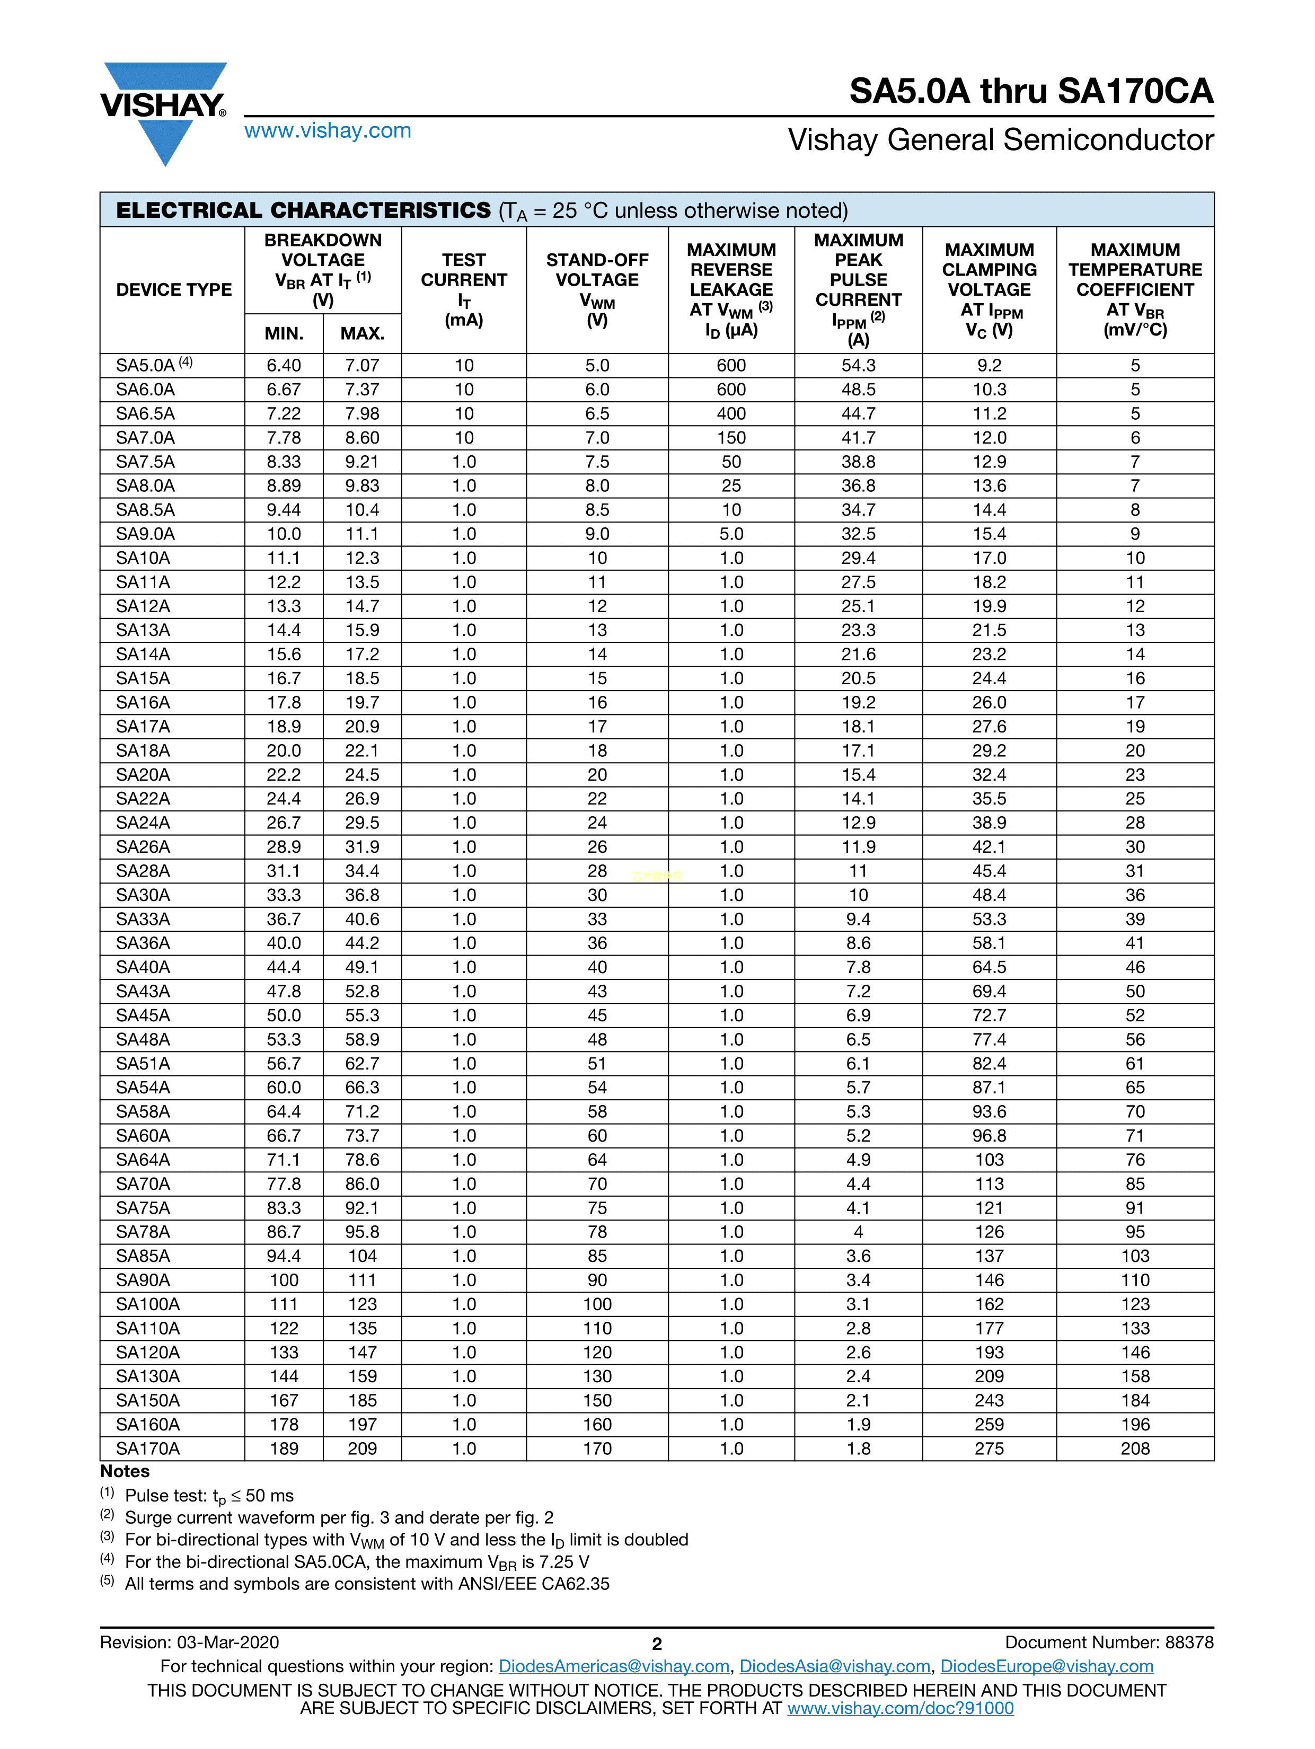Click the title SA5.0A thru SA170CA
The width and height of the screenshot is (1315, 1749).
[1030, 91]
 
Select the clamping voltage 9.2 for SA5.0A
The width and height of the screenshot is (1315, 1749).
[989, 365]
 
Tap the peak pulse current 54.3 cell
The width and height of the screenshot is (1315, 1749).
[858, 365]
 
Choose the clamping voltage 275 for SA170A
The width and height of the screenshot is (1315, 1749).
[989, 1448]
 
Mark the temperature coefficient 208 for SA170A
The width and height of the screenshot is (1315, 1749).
[1135, 1448]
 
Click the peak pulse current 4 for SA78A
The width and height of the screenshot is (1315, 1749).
[858, 1232]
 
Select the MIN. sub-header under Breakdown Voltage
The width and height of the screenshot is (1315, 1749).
[284, 334]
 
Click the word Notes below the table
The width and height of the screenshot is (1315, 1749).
[125, 1471]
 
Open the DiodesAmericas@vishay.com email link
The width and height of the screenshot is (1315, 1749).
[614, 1667]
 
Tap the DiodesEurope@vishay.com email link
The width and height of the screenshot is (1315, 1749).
[1046, 1667]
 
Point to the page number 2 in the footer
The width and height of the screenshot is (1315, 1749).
[656, 1644]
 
